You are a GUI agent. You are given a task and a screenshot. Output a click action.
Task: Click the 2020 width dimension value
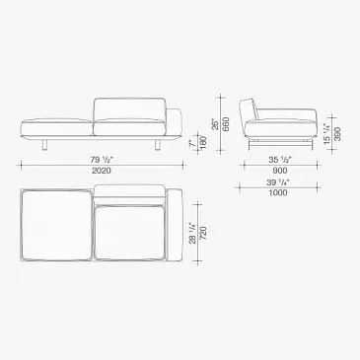coord(102,171)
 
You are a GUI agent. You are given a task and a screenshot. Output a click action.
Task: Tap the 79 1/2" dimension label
coord(103,160)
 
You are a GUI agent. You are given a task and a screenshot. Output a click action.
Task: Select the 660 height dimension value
coord(227,124)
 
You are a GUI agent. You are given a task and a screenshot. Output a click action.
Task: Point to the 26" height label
coord(215,124)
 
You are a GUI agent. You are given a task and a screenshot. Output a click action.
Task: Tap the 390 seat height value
coord(337,134)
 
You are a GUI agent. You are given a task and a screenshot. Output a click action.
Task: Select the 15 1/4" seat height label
coord(326,134)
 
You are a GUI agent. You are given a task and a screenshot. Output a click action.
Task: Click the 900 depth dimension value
coord(280,171)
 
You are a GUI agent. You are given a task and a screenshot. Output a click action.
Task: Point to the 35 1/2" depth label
coord(280,160)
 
